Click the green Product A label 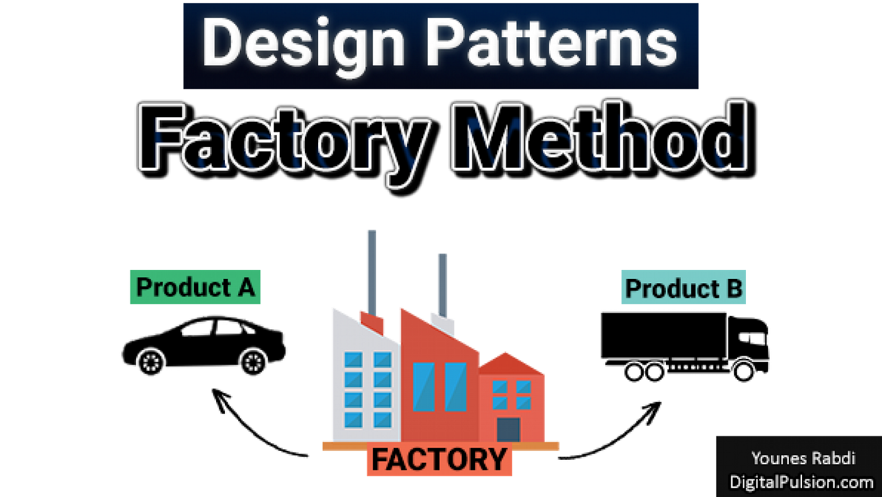coord(195,287)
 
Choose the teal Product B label coord(684,288)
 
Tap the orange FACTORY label coord(439,459)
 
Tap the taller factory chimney coord(372,271)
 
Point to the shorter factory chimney coord(443,284)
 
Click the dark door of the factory coord(508,429)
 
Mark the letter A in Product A coord(246,287)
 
